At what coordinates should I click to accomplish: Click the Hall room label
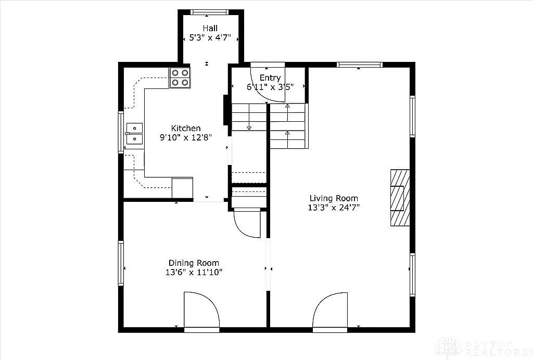point(210,28)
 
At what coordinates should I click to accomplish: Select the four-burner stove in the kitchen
point(180,78)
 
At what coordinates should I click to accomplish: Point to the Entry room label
point(270,78)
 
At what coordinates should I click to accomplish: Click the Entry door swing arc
point(268,83)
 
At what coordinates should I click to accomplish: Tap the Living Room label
point(334,198)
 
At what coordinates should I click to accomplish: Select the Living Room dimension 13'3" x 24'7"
point(334,207)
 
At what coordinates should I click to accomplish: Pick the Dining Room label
point(194,263)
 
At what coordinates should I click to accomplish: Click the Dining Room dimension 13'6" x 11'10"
point(194,272)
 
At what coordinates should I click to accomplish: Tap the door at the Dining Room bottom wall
point(201,311)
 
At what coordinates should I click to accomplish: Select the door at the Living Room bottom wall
point(330,311)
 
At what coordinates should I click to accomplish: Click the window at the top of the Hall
point(210,11)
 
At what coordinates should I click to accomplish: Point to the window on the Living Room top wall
point(359,65)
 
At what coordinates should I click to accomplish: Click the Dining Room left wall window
point(121,263)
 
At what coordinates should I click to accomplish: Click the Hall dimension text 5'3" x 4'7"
point(210,38)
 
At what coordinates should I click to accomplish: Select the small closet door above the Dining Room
point(248,223)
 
